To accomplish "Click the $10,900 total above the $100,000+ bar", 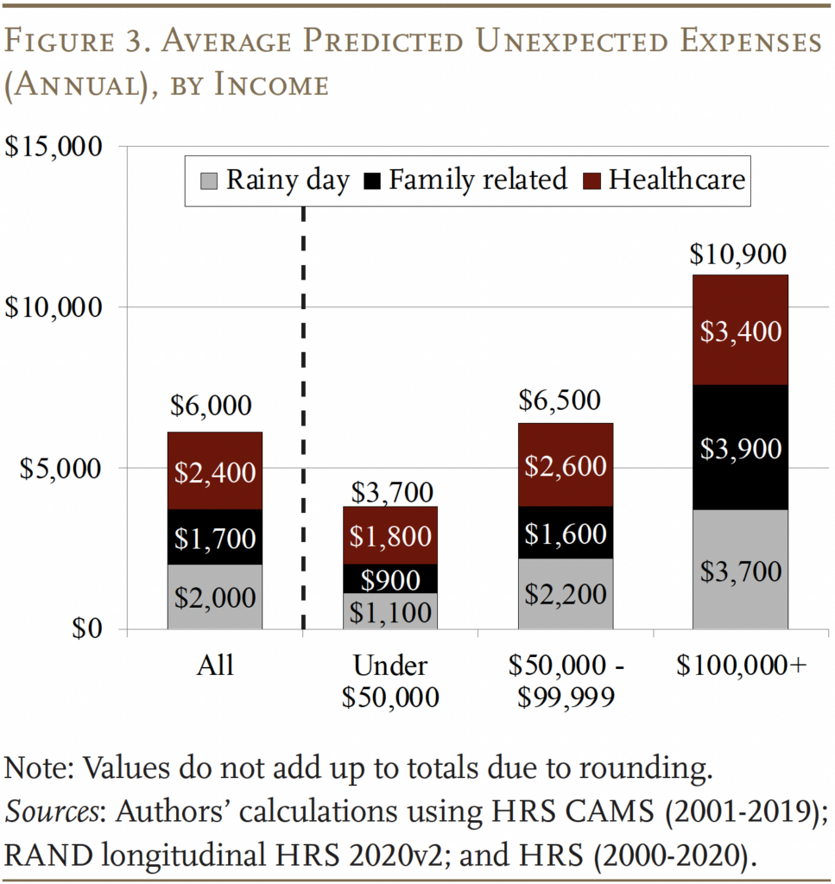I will point(739,256).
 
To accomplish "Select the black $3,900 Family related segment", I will point(740,448).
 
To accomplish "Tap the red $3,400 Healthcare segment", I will point(740,331).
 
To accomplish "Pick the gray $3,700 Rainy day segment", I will point(740,571).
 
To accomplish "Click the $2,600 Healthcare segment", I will point(566,465).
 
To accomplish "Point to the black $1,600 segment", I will point(566,534).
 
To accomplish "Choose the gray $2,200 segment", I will point(566,594).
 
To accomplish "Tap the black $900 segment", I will point(391,578).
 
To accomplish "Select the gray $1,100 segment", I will point(391,612).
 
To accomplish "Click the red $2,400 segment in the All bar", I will point(215,471).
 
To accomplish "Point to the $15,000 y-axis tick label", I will point(54,146).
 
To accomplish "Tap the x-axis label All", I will point(215,666).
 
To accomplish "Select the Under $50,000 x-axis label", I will point(390,681).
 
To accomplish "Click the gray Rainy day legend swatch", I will point(208,180).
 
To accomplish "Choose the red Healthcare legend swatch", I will point(591,180).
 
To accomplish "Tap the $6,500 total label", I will point(566,401).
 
